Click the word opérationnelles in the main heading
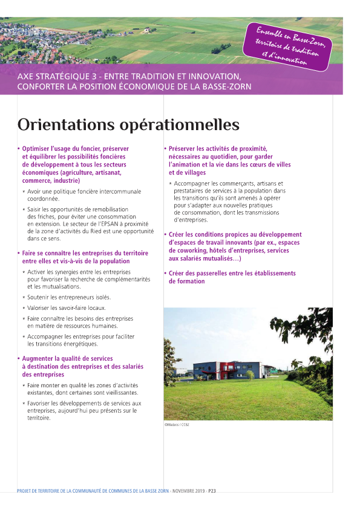click(176, 125)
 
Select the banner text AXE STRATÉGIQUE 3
click(57, 77)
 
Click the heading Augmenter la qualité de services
click(67, 359)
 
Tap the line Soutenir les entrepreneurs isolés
click(69, 297)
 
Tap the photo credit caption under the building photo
click(177, 425)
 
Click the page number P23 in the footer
click(212, 491)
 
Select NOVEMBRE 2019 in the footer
click(189, 491)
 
